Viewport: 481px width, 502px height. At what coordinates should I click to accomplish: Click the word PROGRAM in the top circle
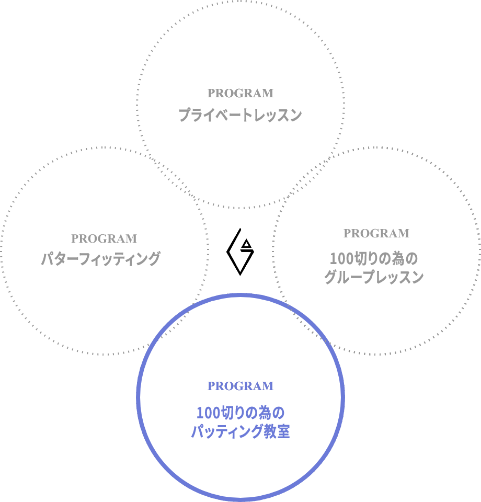[x=241, y=93]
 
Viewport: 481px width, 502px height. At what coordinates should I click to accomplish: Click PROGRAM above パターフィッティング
[x=104, y=238]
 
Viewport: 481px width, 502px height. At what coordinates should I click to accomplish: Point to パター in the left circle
[x=60, y=259]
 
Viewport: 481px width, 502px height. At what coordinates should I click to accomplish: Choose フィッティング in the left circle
[x=120, y=259]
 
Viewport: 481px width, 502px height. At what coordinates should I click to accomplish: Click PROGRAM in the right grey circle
[x=376, y=233]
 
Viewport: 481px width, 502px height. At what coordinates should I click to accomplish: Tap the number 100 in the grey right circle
[x=341, y=259]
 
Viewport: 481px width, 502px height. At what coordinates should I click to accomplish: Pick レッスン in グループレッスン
[x=398, y=277]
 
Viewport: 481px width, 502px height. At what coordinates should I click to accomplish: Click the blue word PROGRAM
[x=241, y=386]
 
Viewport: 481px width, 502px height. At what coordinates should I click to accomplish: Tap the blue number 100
[x=208, y=413]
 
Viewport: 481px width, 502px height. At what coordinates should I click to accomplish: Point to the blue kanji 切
[x=227, y=413]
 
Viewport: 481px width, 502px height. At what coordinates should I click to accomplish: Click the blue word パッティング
[x=227, y=431]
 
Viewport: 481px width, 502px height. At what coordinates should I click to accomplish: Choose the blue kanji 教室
[x=277, y=431]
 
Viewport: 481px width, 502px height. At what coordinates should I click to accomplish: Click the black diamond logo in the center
[x=240, y=252]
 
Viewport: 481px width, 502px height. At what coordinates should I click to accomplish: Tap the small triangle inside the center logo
[x=246, y=244]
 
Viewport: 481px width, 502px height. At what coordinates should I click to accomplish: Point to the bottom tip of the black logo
[x=240, y=276]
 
